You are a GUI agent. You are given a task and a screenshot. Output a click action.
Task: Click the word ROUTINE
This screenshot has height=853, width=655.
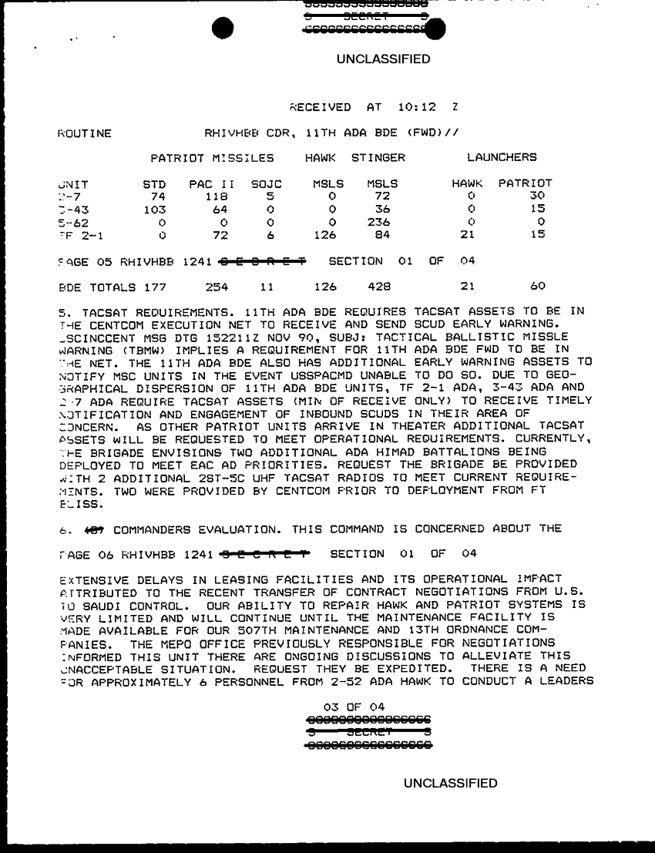(x=85, y=133)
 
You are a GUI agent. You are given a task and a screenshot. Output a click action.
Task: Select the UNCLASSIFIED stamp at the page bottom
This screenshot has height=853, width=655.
(x=451, y=784)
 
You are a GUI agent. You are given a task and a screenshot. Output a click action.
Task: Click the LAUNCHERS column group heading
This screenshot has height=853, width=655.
(x=502, y=158)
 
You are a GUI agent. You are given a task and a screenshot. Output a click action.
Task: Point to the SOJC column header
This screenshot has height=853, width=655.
(x=267, y=184)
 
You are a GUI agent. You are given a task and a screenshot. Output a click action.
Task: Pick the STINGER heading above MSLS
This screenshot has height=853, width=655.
(x=378, y=158)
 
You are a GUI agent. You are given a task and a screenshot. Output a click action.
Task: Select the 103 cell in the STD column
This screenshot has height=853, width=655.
(x=154, y=209)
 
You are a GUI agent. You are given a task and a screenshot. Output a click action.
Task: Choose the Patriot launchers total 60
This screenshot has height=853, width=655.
(x=537, y=286)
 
